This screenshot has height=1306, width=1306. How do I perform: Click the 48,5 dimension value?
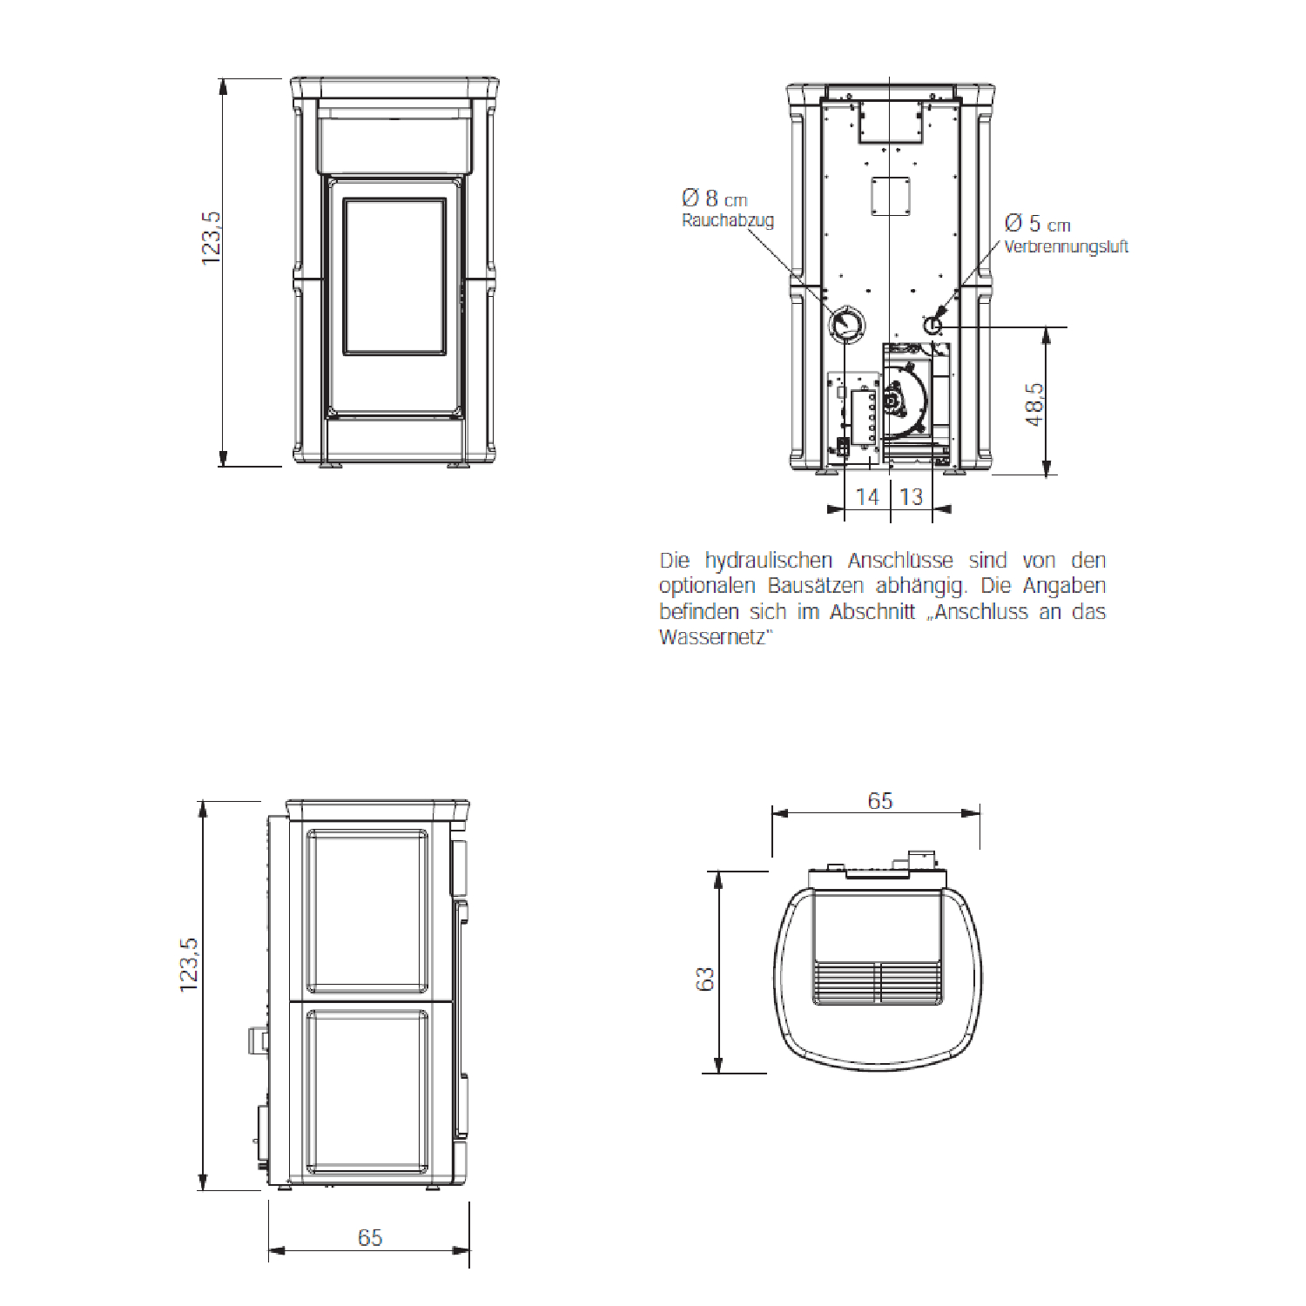tap(1034, 404)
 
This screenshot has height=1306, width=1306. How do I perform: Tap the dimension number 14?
tap(867, 497)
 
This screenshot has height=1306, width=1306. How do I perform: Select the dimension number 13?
tap(911, 497)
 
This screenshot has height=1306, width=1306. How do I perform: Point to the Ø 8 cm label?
tap(715, 199)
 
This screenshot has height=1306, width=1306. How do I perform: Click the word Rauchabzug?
tap(728, 221)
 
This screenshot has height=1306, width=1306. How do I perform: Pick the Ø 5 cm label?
tap(1037, 224)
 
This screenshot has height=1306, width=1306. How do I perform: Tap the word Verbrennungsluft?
tap(1066, 246)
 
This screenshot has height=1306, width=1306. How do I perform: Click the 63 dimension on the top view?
tap(705, 979)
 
